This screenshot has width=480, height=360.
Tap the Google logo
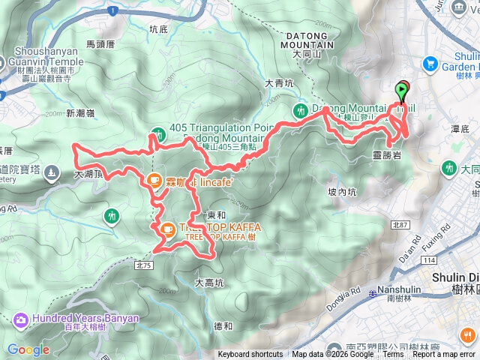pos(28,349)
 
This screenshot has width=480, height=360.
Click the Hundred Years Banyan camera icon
pos(20,319)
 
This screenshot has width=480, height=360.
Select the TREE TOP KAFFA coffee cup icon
pos(167,229)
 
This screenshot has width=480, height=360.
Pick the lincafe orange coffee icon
pos(153,180)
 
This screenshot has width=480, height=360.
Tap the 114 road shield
pos(428,259)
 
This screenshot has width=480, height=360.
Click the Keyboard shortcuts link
pos(250,355)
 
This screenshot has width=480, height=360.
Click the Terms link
pos(392,355)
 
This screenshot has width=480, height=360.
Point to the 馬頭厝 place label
pos(99,44)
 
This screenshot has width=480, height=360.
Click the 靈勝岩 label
pos(387,155)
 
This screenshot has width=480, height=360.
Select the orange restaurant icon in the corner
pos(469,335)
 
